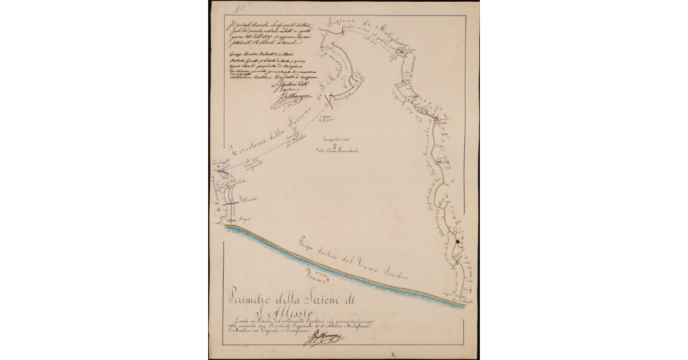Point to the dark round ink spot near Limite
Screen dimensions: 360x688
pos(457,242)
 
